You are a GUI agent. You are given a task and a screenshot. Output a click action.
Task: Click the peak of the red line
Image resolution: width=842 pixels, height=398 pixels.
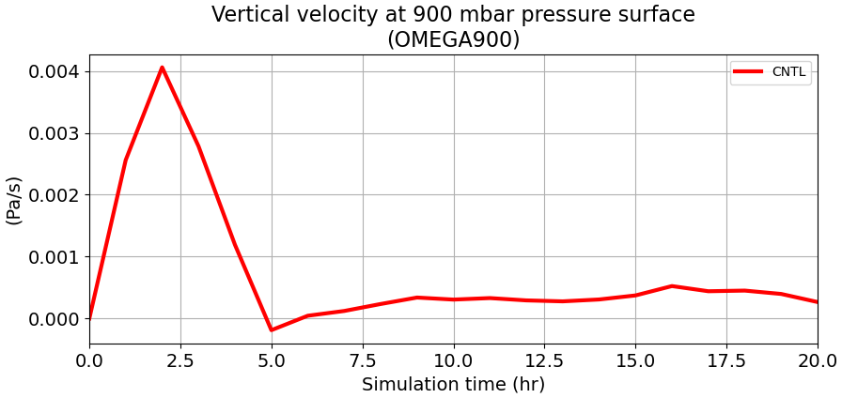[x=162, y=68]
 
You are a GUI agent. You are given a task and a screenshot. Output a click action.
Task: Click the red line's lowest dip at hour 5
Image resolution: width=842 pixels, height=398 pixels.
[x=272, y=329]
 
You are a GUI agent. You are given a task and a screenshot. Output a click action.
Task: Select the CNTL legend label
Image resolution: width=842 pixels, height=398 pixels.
[x=788, y=72]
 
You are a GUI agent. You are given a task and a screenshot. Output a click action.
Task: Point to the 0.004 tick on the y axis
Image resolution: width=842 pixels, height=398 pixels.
[x=55, y=72]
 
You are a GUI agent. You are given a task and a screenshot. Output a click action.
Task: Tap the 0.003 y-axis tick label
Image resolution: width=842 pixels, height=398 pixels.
[x=55, y=134]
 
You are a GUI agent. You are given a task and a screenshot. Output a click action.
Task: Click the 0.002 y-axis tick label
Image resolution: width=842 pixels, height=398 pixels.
[x=55, y=195]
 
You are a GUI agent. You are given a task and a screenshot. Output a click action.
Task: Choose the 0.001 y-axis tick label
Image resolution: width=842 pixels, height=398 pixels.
[x=55, y=257]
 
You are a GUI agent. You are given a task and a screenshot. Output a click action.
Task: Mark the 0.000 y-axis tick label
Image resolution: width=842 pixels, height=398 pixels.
[x=55, y=319]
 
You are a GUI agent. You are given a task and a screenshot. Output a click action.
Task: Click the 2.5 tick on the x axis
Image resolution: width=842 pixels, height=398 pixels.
[x=180, y=360]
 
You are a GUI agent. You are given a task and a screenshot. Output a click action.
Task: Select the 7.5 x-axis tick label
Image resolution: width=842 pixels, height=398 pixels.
[x=363, y=360]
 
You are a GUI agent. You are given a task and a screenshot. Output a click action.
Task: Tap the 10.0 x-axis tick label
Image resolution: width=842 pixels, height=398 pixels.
[x=454, y=360]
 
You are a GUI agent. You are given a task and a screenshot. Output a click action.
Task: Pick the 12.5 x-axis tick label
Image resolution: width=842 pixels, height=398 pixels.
[x=544, y=360]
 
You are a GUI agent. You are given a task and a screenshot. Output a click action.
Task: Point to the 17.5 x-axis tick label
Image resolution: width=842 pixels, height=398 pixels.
[x=726, y=360]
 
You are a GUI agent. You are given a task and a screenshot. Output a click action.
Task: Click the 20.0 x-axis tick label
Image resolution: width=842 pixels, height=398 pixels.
[x=817, y=360]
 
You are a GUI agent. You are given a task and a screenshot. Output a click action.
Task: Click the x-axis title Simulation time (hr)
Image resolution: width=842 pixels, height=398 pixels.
[x=453, y=385]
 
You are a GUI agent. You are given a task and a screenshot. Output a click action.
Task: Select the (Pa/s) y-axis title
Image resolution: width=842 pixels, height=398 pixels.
[x=14, y=200]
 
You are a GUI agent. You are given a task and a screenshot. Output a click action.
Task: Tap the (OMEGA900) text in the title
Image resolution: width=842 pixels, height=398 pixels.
[x=453, y=40]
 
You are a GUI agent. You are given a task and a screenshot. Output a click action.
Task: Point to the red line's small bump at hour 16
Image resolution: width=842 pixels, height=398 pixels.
[x=672, y=286]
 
